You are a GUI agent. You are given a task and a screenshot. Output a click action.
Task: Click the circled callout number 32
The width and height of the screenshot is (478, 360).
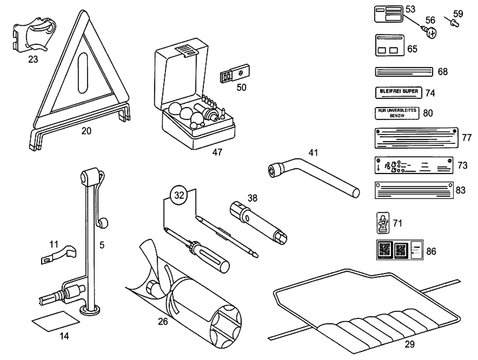(179, 195)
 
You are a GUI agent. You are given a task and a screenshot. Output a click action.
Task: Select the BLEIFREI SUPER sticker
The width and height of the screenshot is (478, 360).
(398, 91)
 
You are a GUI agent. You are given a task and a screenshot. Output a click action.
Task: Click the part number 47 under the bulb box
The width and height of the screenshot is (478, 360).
(217, 152)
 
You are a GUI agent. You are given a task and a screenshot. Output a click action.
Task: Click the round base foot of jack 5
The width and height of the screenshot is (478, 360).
(91, 311)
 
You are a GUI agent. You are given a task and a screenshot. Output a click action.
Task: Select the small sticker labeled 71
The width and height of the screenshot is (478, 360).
(382, 222)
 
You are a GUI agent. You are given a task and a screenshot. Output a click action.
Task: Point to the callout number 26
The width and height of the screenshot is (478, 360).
(163, 321)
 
